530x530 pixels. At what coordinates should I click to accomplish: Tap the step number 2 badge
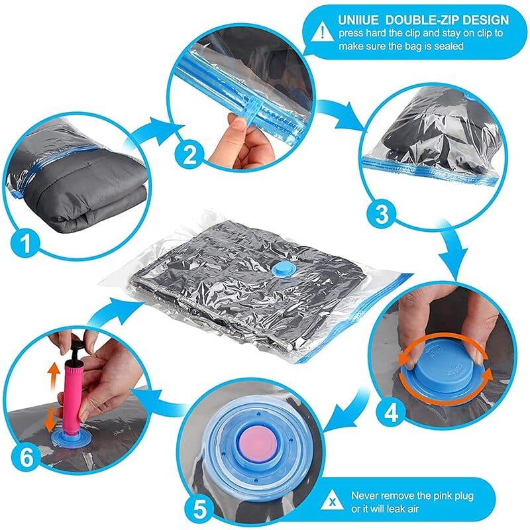[191, 156]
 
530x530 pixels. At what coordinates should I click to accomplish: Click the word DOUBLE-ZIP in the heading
[425, 21]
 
